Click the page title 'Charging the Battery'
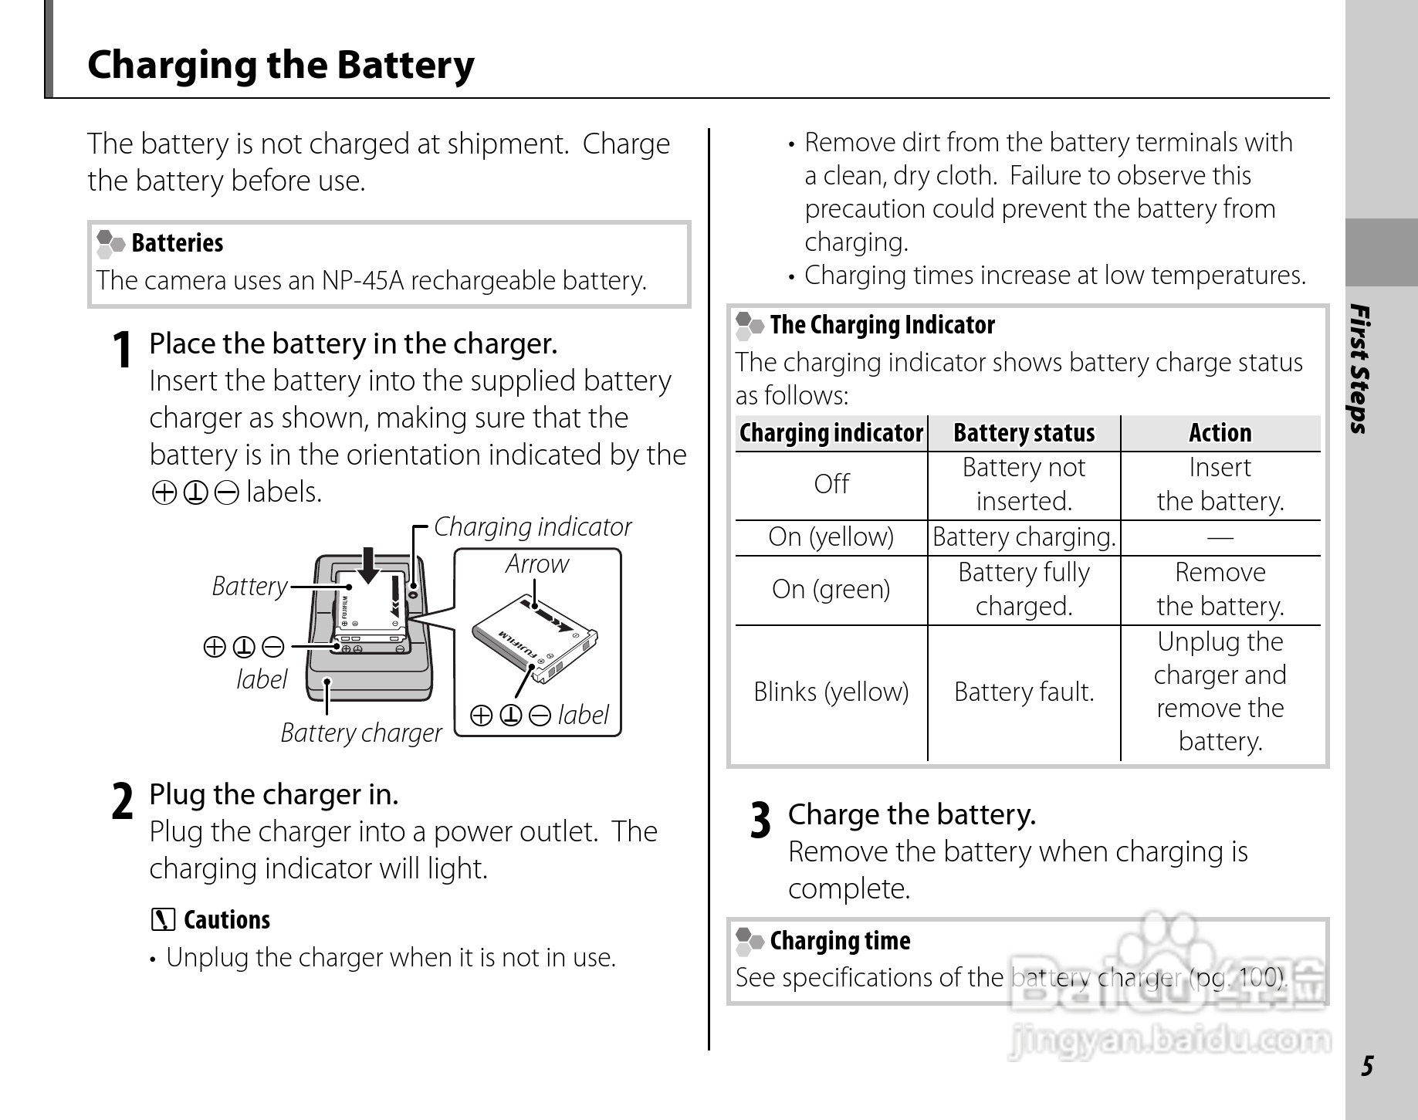coord(281,65)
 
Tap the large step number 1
coord(121,350)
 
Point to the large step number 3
coord(760,821)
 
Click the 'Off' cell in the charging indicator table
coord(831,484)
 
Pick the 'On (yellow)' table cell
coord(831,536)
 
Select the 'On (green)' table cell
coord(831,589)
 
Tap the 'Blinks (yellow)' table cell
coord(831,692)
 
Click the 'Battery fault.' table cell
coord(1024,692)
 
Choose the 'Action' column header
coord(1220,433)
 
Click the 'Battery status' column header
coord(1024,433)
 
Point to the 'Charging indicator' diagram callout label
coord(532,526)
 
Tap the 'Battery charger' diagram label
coord(360,733)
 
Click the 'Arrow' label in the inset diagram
coord(537,564)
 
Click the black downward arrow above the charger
coord(370,564)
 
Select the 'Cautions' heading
coord(226,920)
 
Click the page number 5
coord(1367,1066)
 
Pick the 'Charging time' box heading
coord(840,940)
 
